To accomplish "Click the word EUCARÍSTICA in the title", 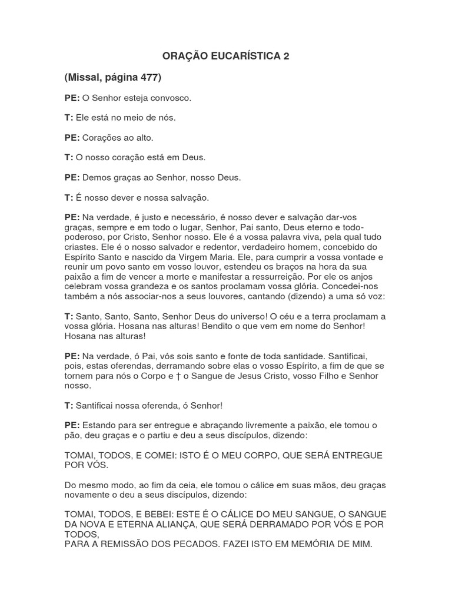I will pos(241,57).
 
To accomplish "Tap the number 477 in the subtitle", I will pos(149,77).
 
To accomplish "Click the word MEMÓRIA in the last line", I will pos(307,544).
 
